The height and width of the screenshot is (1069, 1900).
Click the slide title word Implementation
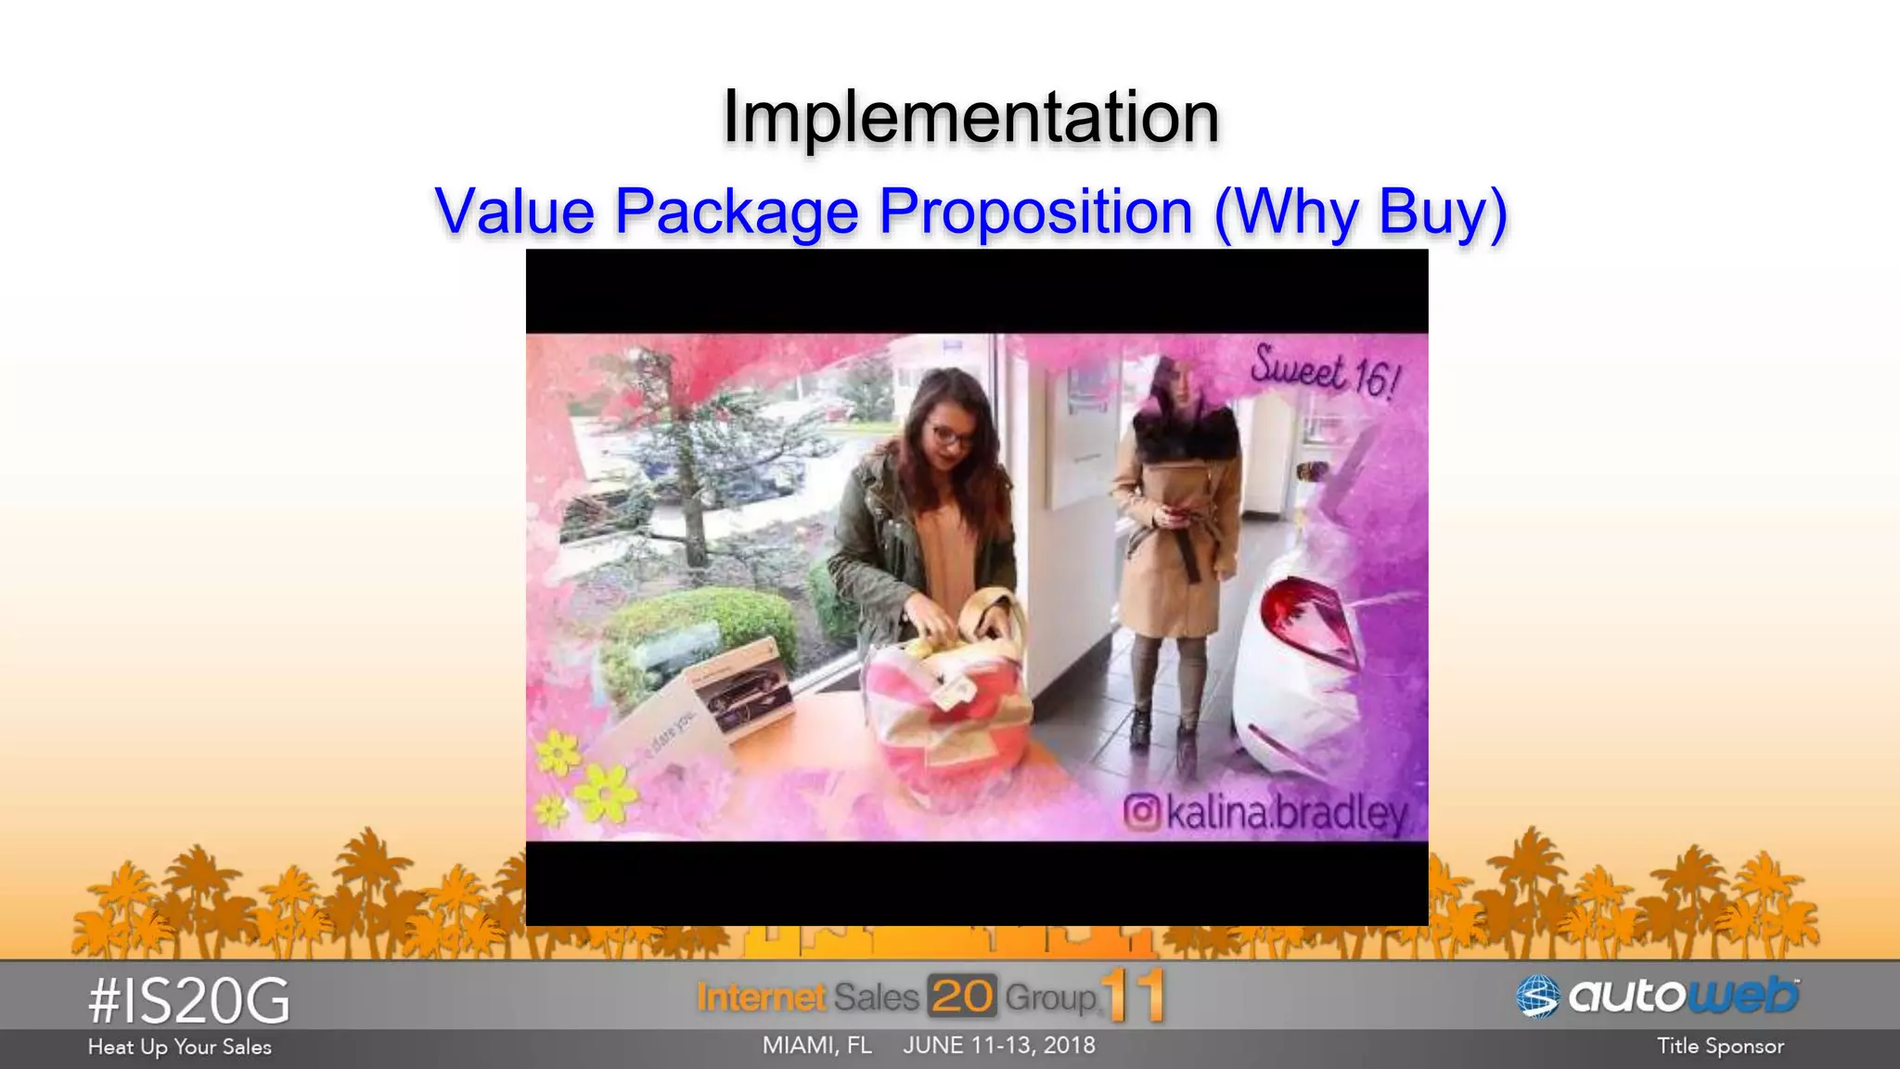[970, 117]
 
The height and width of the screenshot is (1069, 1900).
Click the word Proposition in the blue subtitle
[1035, 212]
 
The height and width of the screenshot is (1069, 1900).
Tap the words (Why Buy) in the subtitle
[1360, 212]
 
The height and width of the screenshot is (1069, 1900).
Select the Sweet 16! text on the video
[1324, 373]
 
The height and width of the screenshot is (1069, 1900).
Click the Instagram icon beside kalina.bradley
[1142, 812]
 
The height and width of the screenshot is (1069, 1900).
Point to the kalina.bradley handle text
[1287, 814]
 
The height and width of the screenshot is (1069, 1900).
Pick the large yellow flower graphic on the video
[605, 793]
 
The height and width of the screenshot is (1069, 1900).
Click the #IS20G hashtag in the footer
[189, 1002]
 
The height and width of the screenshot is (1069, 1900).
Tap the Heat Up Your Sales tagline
[180, 1048]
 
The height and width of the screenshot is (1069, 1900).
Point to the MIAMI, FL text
[817, 1046]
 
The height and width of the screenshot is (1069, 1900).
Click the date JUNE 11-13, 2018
[999, 1046]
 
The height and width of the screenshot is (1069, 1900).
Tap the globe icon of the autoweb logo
[1537, 998]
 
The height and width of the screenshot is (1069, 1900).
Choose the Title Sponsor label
[1720, 1047]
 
